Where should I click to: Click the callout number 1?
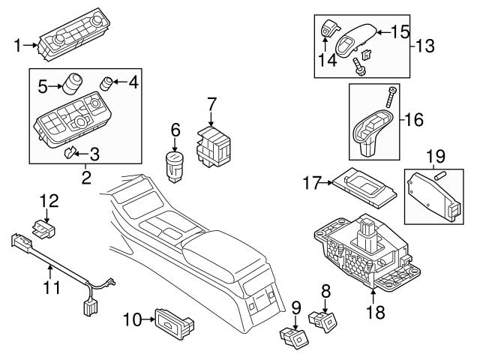pos(18,46)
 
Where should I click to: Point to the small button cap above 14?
pos(327,30)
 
